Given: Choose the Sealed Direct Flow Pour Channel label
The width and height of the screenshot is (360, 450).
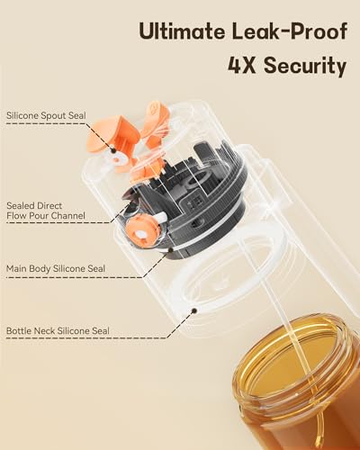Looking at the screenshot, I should click(45, 210).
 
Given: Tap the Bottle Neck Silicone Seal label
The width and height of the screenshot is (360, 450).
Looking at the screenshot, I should click(57, 331).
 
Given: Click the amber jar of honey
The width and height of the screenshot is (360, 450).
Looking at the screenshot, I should click(297, 396).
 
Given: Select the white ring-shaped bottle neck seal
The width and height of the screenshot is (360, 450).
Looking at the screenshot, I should click(225, 297).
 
